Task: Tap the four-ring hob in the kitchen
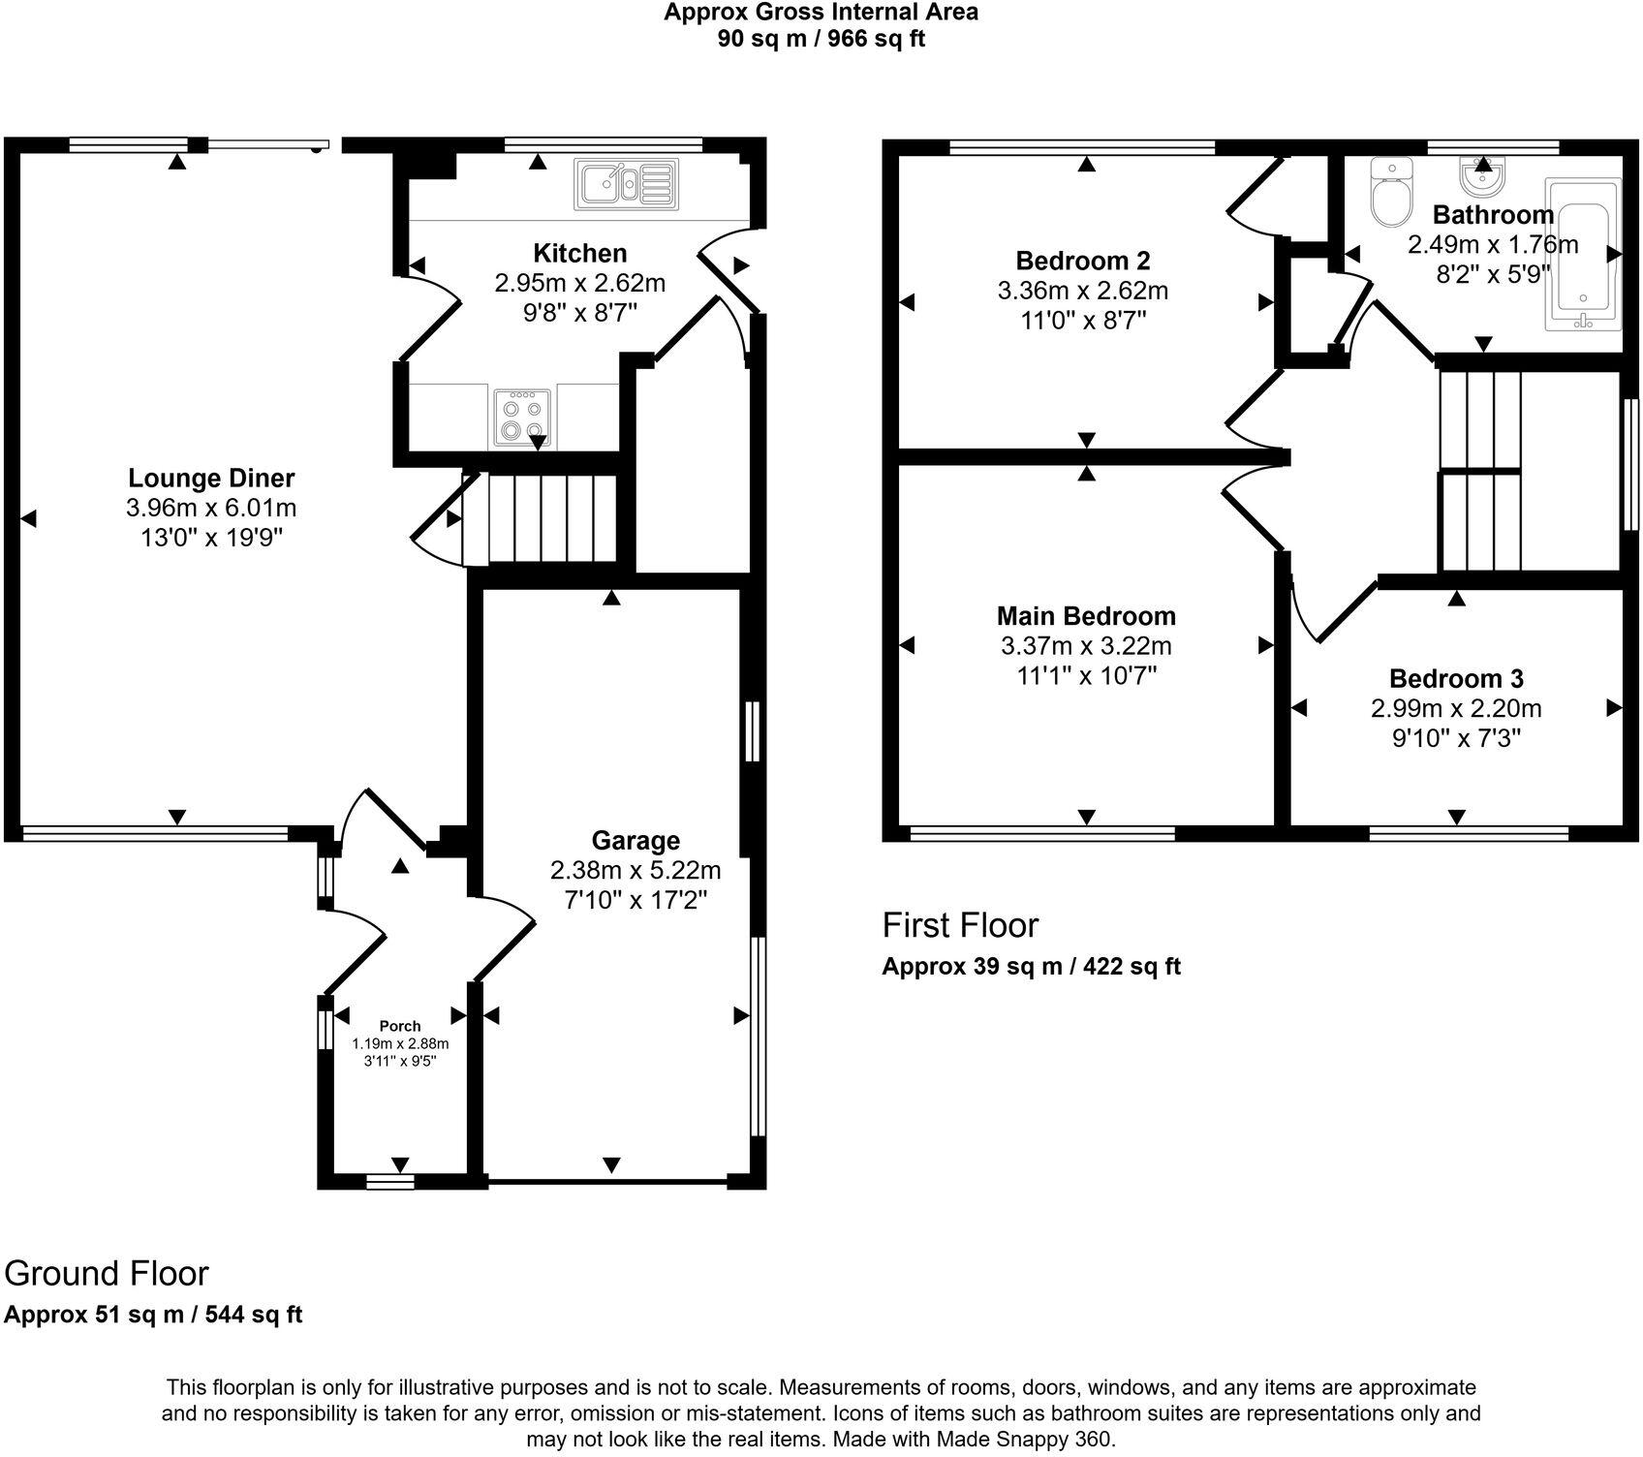coord(522,417)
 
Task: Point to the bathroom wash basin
coord(1482,176)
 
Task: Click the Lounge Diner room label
coord(211,478)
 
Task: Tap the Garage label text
coord(635,840)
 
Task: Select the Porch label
coord(400,1026)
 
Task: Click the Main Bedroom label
coord(1086,615)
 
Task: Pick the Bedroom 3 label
coord(1456,678)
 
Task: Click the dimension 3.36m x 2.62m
coord(1082,291)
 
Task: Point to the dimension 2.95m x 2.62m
coord(579,283)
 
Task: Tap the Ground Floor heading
coord(107,1272)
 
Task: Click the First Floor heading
coord(959,925)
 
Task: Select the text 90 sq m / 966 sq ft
coord(821,40)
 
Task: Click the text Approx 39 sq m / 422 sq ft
coord(1031,966)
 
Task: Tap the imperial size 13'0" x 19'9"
coord(211,538)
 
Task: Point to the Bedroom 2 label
coord(1082,260)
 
